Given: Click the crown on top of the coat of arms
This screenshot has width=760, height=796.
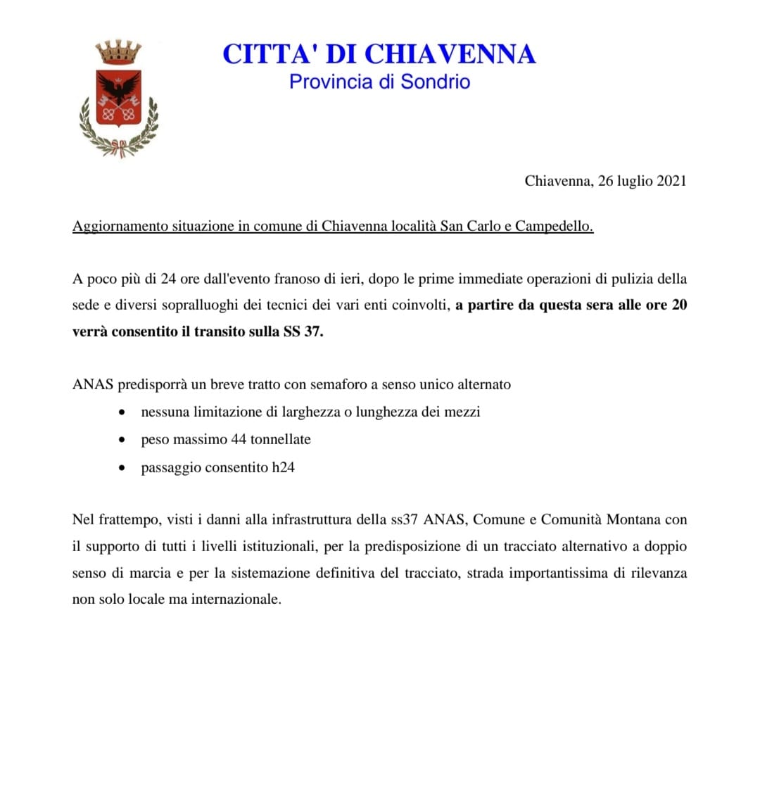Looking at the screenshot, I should pyautogui.click(x=118, y=53).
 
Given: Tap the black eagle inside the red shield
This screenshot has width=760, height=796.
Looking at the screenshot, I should pyautogui.click(x=118, y=89).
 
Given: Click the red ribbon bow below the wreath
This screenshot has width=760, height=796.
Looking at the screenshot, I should pyautogui.click(x=119, y=149).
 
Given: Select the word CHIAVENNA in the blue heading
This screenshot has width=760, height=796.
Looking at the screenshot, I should pyautogui.click(x=450, y=54).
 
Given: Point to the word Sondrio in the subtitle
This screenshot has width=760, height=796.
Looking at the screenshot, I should pyautogui.click(x=435, y=82).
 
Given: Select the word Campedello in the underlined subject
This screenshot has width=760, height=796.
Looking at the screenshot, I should pyautogui.click(x=554, y=227).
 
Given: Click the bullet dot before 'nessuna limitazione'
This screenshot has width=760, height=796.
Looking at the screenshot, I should pyautogui.click(x=124, y=412).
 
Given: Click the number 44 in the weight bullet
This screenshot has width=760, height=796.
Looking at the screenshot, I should pyautogui.click(x=239, y=439).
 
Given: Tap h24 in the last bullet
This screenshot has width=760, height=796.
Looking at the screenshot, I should pyautogui.click(x=283, y=467).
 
